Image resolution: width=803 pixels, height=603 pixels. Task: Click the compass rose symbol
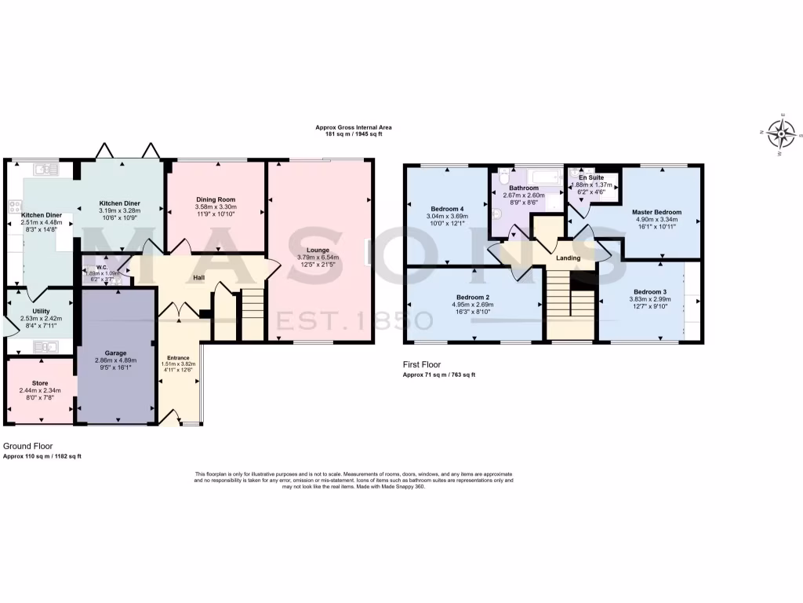(781, 134)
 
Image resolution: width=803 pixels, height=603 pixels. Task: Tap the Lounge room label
(318, 250)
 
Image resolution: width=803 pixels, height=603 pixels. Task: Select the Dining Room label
(216, 200)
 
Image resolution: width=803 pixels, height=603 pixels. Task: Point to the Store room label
(40, 383)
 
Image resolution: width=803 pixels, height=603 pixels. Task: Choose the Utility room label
(41, 311)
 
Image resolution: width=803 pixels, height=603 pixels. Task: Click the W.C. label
(91, 268)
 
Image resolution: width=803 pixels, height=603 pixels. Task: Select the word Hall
(199, 276)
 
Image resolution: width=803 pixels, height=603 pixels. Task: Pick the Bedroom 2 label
(473, 297)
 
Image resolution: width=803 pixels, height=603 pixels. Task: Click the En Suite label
(591, 178)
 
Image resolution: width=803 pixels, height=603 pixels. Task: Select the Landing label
(568, 258)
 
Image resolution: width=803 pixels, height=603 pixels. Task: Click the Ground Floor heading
(28, 445)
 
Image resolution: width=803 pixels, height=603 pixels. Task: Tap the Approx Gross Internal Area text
(353, 127)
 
